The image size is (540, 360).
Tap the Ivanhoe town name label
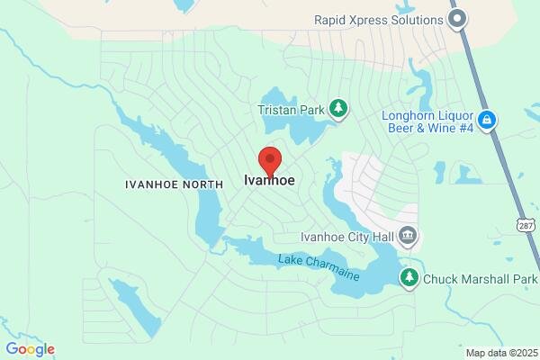point(270,181)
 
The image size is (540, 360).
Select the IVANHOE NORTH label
point(174,184)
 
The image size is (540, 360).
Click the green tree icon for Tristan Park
point(338,109)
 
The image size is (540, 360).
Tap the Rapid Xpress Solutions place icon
point(458,19)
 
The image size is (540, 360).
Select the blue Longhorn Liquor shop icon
point(487,121)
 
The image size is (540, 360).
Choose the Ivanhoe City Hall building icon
point(408,238)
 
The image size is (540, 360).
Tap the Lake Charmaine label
point(319,267)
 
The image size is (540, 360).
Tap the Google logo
point(30,349)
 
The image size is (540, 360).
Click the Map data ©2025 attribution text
point(499,353)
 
